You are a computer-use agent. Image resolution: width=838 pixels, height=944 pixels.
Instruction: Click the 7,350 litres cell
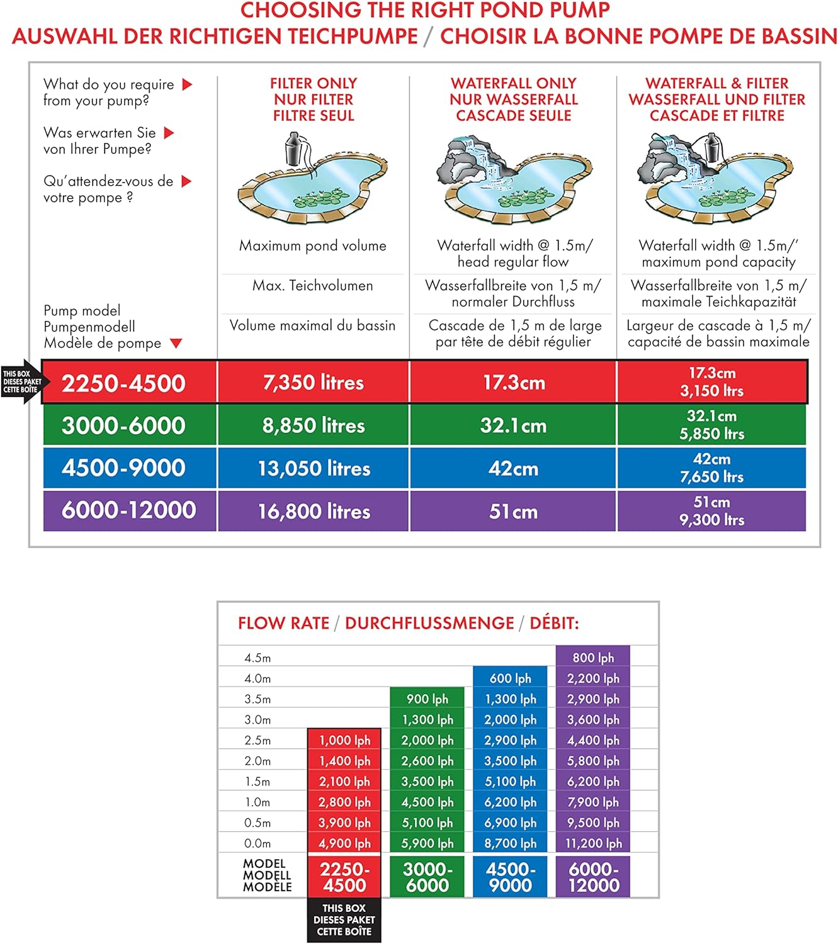(x=313, y=383)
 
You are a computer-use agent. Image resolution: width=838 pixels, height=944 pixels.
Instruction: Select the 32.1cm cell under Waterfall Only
(x=513, y=425)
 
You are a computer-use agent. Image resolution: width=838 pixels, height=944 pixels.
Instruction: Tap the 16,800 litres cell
(x=314, y=511)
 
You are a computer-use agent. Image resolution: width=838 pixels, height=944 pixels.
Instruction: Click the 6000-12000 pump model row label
(x=128, y=510)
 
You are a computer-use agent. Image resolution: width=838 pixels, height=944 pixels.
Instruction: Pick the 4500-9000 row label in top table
(x=123, y=468)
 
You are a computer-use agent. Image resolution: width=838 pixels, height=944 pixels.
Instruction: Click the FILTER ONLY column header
(x=314, y=99)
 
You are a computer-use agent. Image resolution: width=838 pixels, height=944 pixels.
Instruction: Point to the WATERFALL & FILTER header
(x=716, y=99)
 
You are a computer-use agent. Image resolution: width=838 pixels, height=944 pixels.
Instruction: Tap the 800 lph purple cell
(x=593, y=658)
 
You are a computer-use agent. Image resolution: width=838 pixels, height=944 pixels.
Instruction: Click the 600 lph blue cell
(x=510, y=678)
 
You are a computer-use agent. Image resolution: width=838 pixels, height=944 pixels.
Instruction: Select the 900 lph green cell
(x=427, y=699)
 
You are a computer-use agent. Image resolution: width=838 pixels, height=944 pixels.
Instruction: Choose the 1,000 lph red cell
(x=344, y=740)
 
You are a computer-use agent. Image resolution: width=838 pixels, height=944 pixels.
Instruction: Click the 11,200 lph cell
(x=593, y=843)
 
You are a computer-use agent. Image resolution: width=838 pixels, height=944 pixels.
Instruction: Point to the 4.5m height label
(x=258, y=658)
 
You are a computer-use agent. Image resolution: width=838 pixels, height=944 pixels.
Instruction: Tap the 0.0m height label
(x=258, y=843)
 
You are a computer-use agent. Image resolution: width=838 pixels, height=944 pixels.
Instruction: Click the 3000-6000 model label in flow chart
(x=427, y=877)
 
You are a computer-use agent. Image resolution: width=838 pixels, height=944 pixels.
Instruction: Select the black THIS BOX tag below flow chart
(x=344, y=919)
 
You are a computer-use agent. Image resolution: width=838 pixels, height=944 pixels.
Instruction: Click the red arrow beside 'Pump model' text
(x=176, y=343)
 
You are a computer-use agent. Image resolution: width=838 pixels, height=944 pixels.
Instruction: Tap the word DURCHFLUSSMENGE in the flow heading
(x=429, y=623)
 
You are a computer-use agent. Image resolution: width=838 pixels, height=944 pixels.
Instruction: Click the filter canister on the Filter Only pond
(x=295, y=149)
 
